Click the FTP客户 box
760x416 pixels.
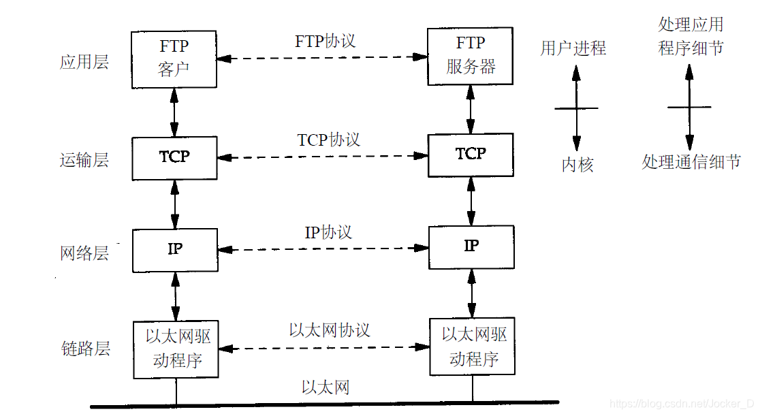click(x=174, y=59)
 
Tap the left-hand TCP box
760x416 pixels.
click(x=174, y=157)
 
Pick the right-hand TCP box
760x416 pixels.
click(x=471, y=155)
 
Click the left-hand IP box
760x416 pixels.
click(x=175, y=249)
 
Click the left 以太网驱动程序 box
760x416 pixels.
click(x=176, y=349)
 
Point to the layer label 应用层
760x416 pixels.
click(x=84, y=63)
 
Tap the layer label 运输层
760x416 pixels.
click(x=84, y=161)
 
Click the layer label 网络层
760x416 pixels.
click(x=84, y=254)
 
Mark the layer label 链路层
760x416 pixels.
click(x=84, y=349)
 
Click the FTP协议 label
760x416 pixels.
click(x=325, y=41)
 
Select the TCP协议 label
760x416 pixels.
click(x=328, y=140)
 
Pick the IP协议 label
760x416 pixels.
click(x=328, y=232)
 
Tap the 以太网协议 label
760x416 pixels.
click(x=330, y=330)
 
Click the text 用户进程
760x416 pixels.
click(x=573, y=48)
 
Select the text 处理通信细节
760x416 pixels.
click(x=691, y=163)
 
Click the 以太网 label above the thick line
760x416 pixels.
click(x=326, y=388)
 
